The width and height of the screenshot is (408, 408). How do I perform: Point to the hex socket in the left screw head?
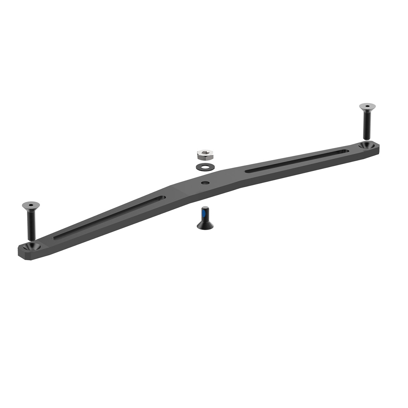[30, 205]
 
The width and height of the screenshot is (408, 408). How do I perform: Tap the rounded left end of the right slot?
[247, 171]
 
